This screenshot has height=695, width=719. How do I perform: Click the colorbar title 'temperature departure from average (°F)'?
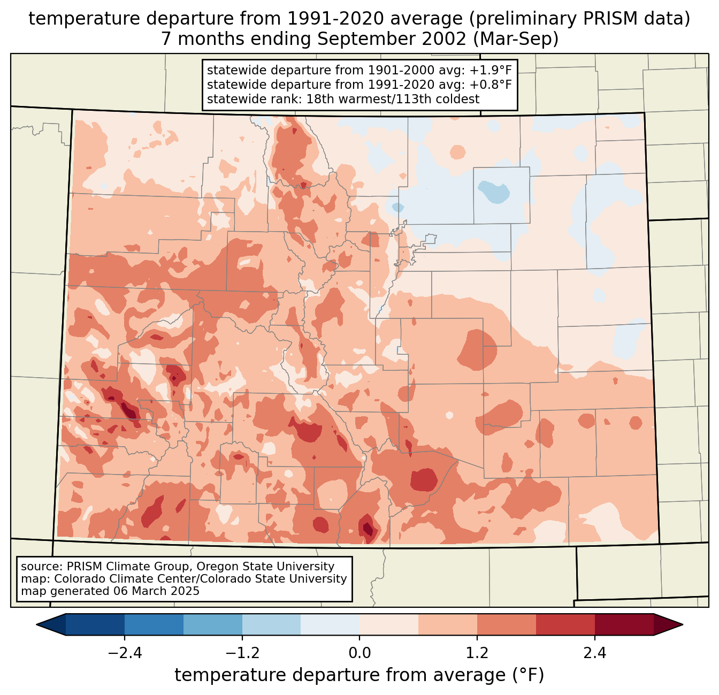(x=359, y=675)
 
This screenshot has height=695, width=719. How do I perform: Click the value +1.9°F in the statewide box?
(x=491, y=71)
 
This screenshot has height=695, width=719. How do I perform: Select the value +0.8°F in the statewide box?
(x=491, y=85)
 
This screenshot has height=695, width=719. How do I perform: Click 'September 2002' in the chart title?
(x=381, y=39)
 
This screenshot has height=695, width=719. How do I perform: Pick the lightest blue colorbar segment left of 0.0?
(x=330, y=624)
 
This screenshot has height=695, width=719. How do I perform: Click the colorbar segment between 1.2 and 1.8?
(x=506, y=624)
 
